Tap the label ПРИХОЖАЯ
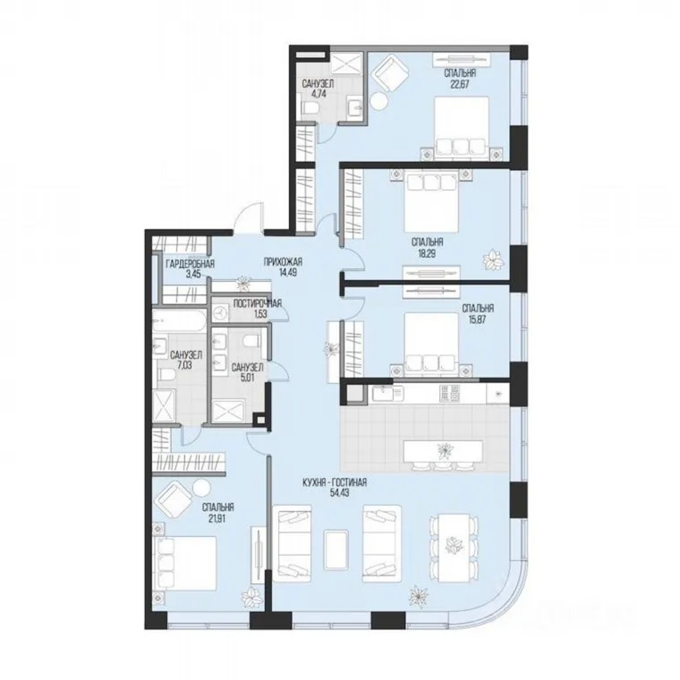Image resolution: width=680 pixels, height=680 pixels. point(283,262)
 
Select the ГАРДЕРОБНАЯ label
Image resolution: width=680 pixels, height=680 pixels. point(190,263)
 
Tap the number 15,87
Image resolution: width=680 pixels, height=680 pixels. point(477,319)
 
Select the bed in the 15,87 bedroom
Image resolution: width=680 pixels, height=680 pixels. point(432,341)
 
